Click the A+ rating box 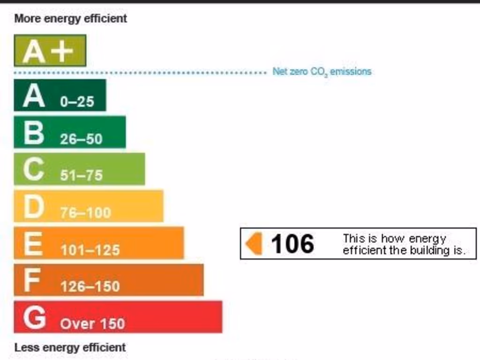pyautogui.click(x=50, y=51)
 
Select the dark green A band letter pyautogui.click(x=34, y=96)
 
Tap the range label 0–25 pyautogui.click(x=77, y=102)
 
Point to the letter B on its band pyautogui.click(x=34, y=133)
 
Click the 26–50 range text pyautogui.click(x=81, y=139)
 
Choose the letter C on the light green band pyautogui.click(x=34, y=169)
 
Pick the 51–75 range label pyautogui.click(x=81, y=175)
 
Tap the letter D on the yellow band pyautogui.click(x=34, y=206)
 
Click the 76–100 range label pyautogui.click(x=85, y=213)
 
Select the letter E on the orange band pyautogui.click(x=33, y=243)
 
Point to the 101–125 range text pyautogui.click(x=90, y=250)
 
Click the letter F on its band pyautogui.click(x=32, y=280)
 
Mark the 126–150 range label pyautogui.click(x=90, y=286)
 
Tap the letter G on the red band pyautogui.click(x=34, y=317)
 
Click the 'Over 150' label pyautogui.click(x=92, y=323)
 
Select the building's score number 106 pyautogui.click(x=292, y=244)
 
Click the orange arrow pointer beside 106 pyautogui.click(x=254, y=244)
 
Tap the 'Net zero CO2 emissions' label pyautogui.click(x=322, y=72)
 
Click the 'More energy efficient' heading pyautogui.click(x=71, y=19)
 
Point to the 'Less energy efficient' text pyautogui.click(x=70, y=347)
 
